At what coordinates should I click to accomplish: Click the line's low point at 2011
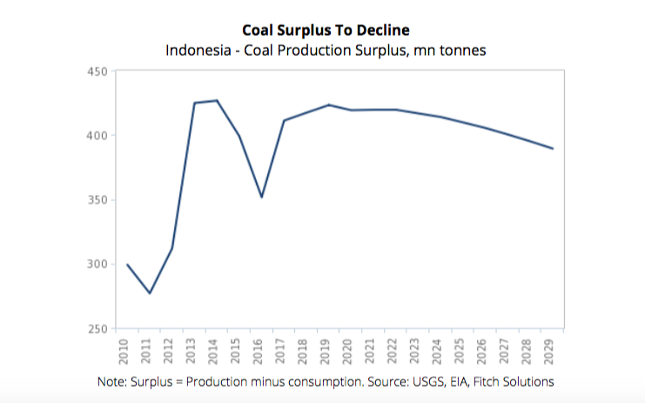click(x=150, y=293)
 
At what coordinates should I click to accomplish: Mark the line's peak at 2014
click(x=217, y=100)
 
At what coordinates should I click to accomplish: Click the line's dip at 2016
click(x=261, y=197)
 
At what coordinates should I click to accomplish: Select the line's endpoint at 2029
click(x=553, y=149)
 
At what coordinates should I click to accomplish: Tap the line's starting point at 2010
click(x=127, y=265)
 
